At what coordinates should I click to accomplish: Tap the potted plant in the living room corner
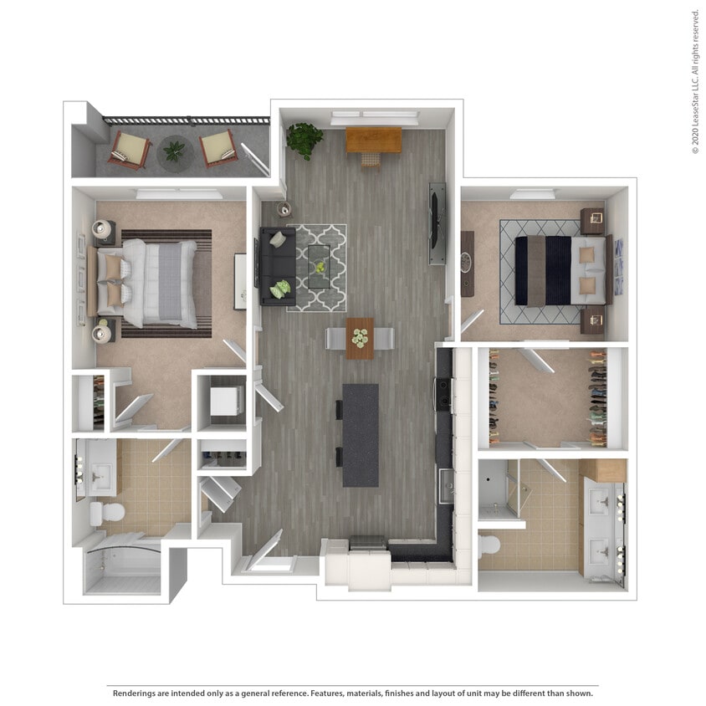[304, 139]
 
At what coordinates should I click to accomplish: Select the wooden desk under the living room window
[373, 139]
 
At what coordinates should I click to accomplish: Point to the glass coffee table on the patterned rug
[319, 267]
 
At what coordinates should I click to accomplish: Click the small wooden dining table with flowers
[360, 338]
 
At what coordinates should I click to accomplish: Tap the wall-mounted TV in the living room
[437, 223]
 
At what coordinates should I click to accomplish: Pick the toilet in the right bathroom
[489, 546]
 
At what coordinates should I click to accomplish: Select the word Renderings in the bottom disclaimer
[135, 693]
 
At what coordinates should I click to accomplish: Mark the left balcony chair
[130, 150]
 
